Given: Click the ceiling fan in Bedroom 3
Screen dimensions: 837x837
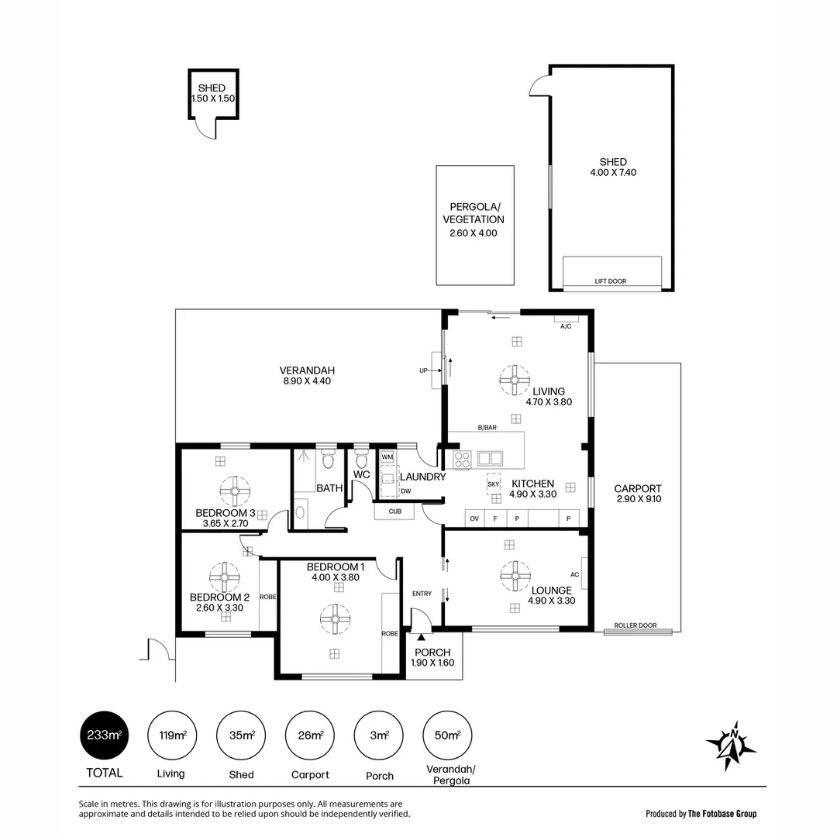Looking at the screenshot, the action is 235,491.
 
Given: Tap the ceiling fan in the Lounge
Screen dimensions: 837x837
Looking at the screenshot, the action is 515,576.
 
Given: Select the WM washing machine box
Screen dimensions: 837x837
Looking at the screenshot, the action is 387,457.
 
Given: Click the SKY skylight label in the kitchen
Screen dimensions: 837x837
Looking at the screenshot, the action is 493,484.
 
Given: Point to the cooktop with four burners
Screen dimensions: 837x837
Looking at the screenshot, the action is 462,460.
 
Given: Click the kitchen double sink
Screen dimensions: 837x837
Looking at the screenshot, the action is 490,458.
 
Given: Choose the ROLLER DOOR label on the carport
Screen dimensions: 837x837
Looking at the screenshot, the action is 635,625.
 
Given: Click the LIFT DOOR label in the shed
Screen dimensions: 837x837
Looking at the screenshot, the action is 611,281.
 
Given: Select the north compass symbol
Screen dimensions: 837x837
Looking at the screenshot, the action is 732,746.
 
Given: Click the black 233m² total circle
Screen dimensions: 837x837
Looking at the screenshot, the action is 104,735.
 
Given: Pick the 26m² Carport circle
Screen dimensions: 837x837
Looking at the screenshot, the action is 310,735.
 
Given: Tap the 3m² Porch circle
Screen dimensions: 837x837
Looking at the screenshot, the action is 379,735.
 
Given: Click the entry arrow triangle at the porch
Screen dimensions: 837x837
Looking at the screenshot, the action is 421,636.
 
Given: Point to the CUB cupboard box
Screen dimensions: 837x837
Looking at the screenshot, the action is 395,511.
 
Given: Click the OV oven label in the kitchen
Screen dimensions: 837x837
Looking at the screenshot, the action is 474,518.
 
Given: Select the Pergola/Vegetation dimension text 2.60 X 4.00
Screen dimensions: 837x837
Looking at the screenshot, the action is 474,233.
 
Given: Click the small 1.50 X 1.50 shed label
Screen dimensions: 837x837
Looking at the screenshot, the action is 213,98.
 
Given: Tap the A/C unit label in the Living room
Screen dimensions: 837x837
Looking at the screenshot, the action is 566,326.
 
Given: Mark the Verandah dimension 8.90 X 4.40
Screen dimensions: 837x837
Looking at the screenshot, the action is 307,381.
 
